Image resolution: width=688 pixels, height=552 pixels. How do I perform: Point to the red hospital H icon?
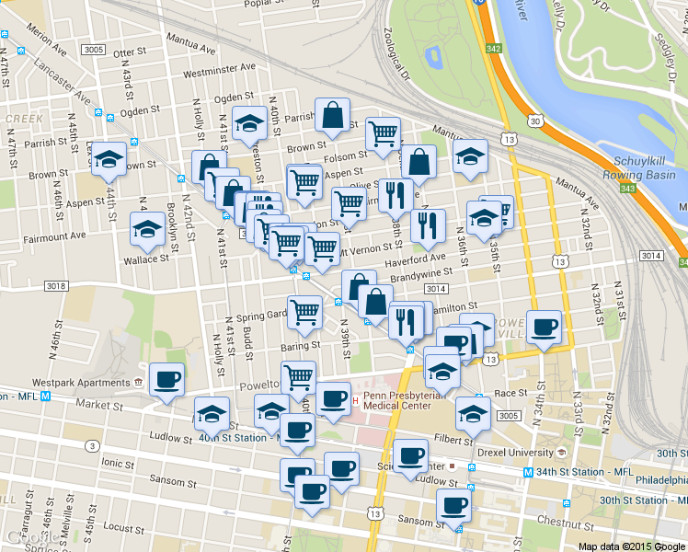tap(355, 400)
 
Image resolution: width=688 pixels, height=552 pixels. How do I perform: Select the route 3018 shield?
tap(54, 286)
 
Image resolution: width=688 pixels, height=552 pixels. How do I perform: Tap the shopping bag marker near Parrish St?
tap(332, 115)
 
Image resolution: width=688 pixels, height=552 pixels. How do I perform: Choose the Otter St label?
tap(130, 53)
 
